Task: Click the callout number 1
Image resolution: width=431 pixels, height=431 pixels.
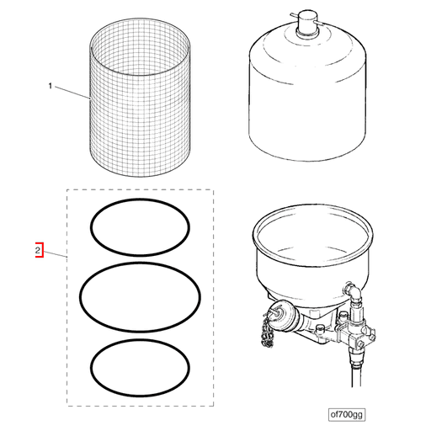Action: tap(51, 87)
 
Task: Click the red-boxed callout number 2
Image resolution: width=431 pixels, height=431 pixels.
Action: tap(37, 250)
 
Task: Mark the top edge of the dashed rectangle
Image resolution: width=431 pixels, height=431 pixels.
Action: tap(141, 191)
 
